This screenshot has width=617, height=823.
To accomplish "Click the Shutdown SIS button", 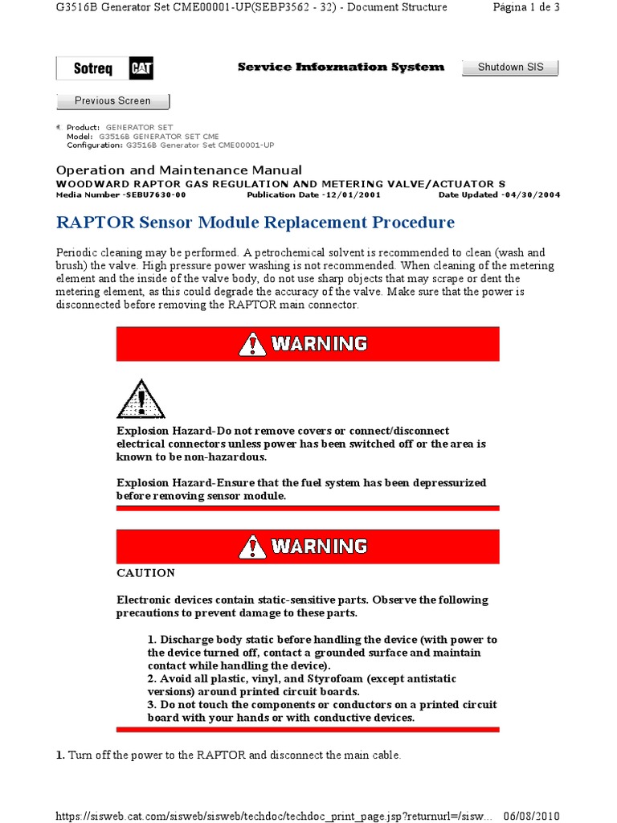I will point(510,68).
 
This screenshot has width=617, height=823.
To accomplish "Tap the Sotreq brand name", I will point(93,69).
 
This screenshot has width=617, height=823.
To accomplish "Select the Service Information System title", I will point(341,67).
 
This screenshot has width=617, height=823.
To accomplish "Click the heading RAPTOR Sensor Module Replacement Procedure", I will point(255,222).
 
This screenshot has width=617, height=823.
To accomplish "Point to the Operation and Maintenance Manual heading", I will point(178,170).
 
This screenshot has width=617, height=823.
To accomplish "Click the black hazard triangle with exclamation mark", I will point(141,400).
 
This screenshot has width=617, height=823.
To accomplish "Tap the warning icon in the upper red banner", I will point(252,344).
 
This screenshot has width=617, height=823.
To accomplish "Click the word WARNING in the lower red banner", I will point(319,547).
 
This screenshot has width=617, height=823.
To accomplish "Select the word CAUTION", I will point(145,573).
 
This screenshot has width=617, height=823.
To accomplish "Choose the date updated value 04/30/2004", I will point(532,194).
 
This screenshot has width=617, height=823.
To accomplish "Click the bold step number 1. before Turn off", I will point(60,755).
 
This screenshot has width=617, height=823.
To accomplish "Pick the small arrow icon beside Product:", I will point(58,128).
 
